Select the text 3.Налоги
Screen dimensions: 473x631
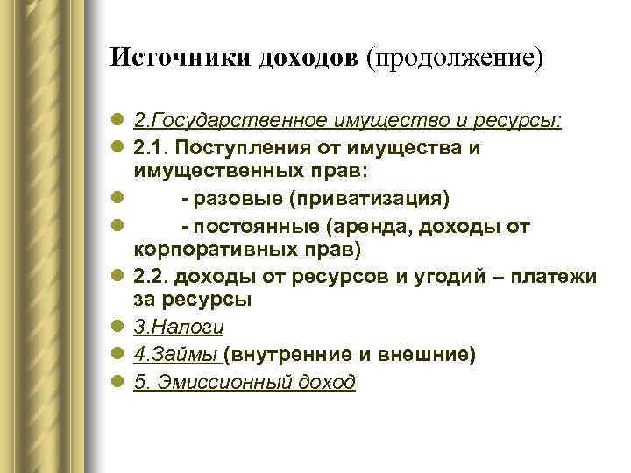[179, 328]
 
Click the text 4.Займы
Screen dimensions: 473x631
[176, 355]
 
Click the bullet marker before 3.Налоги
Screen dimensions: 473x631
[119, 328]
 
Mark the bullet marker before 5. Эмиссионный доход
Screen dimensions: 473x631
[119, 382]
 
